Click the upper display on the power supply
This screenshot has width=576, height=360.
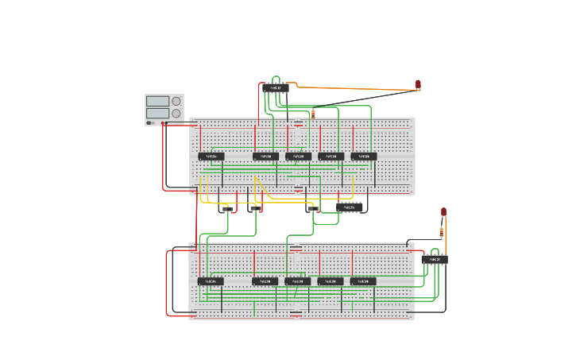pos(158,101)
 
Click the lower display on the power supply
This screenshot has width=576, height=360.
pos(158,114)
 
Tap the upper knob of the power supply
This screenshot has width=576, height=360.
pos(176,101)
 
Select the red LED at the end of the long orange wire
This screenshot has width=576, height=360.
pos(418,84)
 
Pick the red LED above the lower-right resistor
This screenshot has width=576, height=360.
pos(443,212)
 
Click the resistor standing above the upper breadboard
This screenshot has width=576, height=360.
pos(312,114)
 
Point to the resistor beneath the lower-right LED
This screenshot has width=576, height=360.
pos(442,232)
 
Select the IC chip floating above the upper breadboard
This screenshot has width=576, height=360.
pos(275,88)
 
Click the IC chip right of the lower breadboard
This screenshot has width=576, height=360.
pos(435,259)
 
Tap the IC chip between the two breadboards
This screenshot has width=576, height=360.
pos(350,207)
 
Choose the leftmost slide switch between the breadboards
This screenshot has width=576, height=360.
pos(228,209)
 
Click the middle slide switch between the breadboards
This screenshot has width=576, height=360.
pos(255,209)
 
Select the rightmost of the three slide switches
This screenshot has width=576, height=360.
pos(311,209)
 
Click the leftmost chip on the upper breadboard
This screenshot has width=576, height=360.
pos(211,157)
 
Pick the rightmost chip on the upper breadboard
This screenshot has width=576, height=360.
pos(364,157)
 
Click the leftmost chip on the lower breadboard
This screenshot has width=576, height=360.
pos(211,281)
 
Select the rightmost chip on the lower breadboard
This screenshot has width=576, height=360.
pos(363,281)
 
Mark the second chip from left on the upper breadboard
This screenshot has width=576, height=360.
pos(265,157)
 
